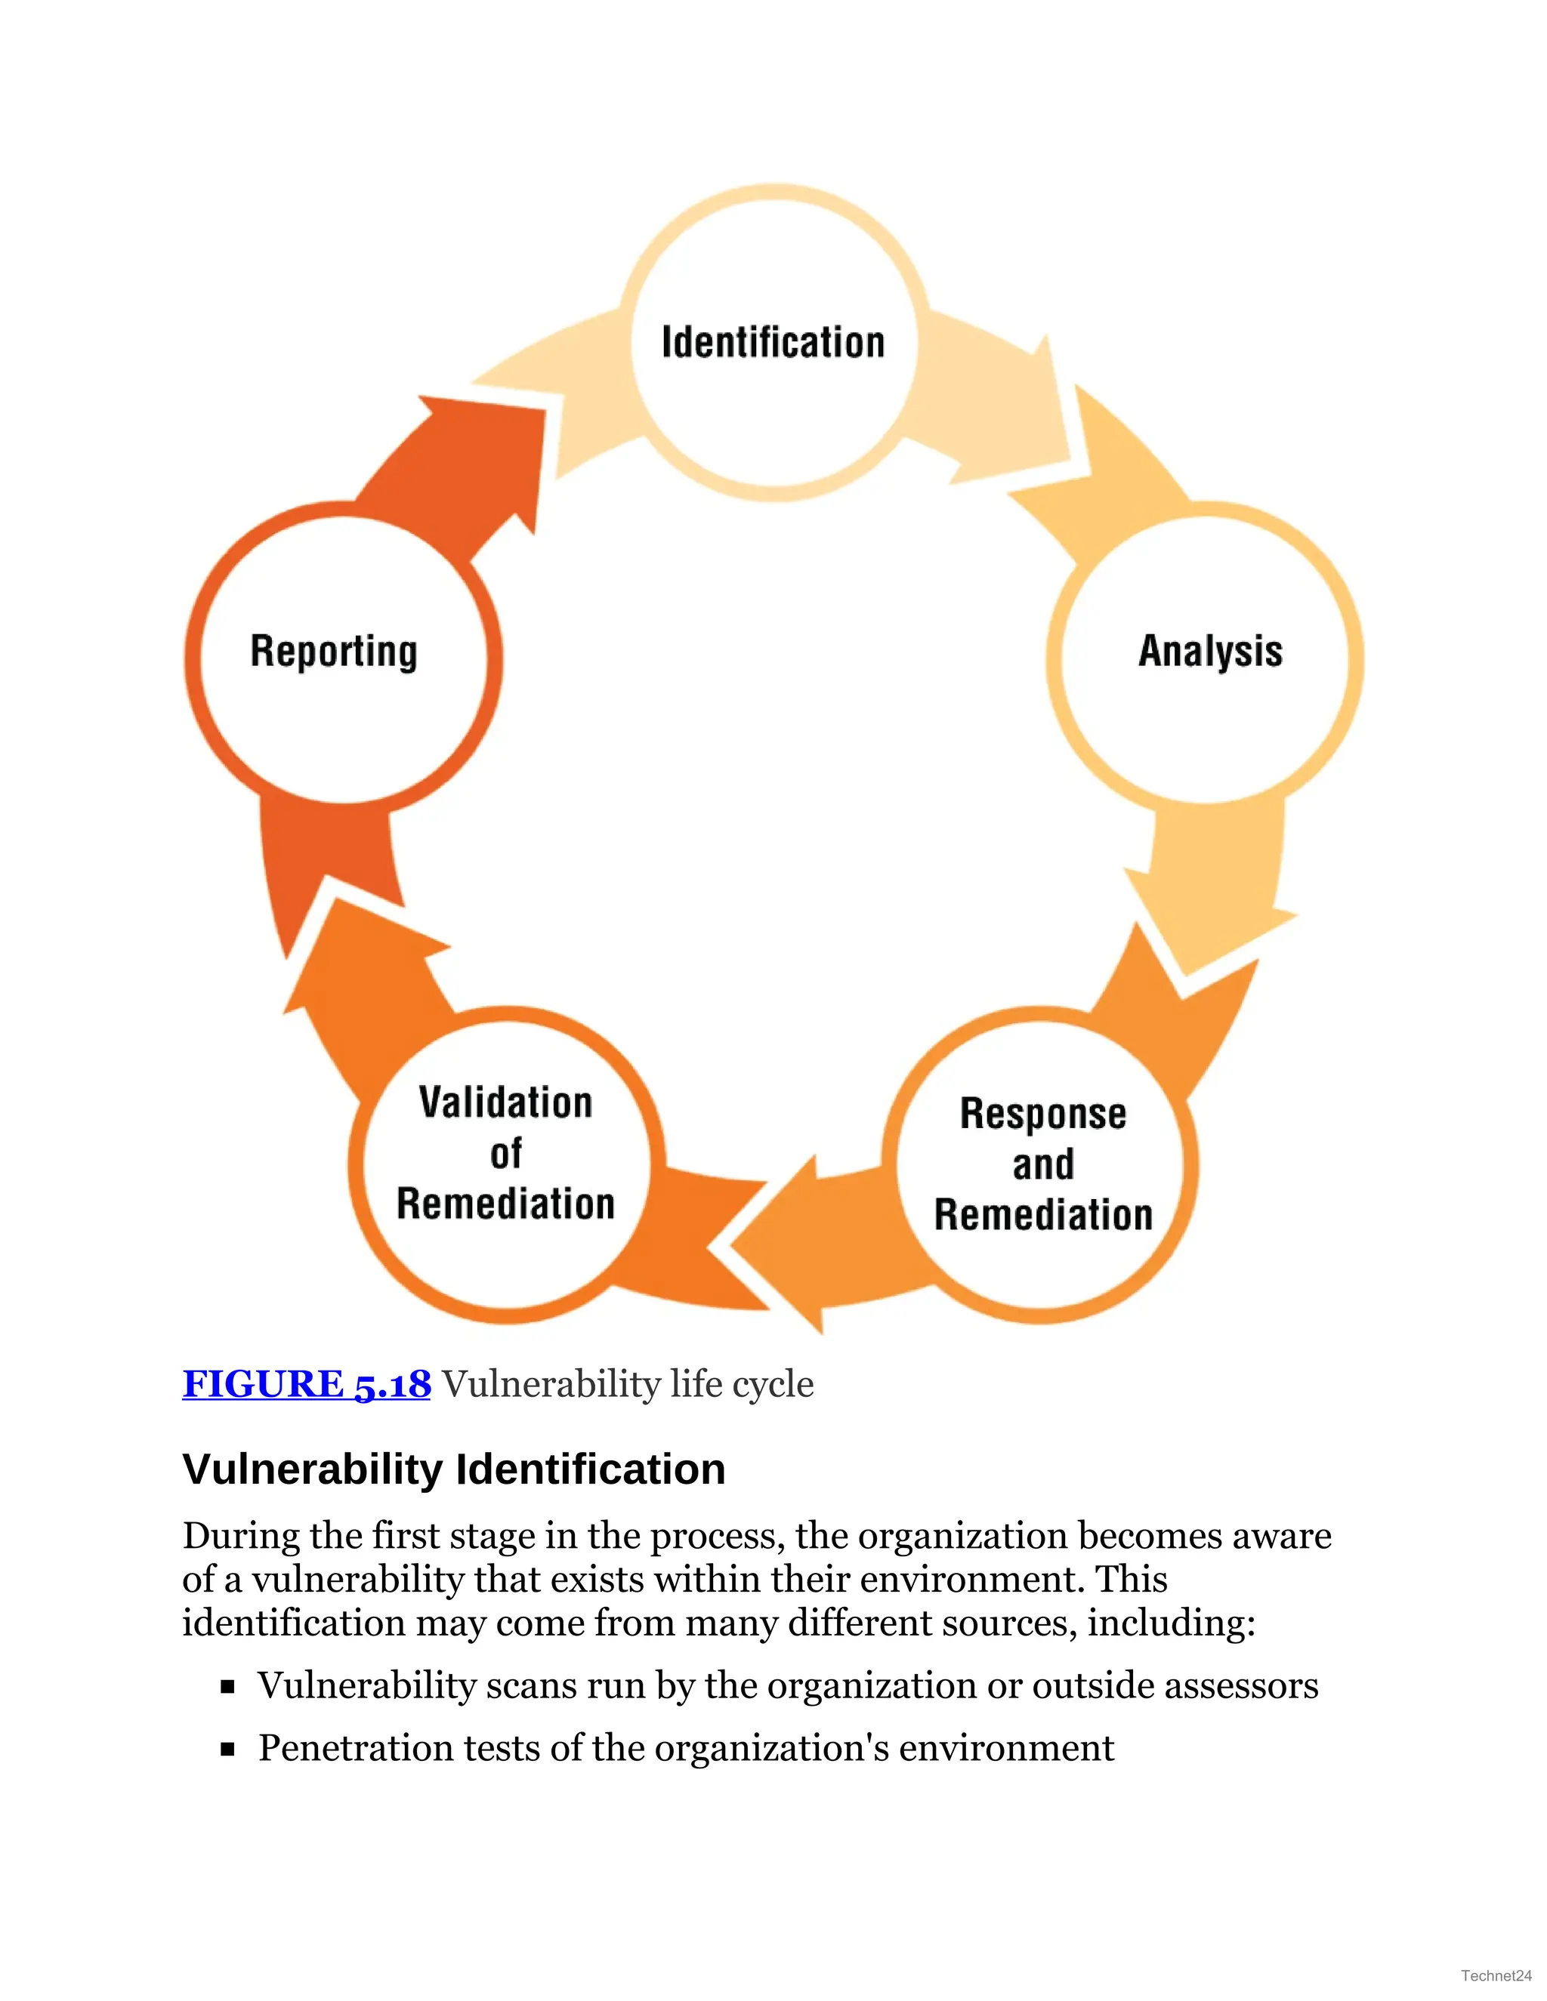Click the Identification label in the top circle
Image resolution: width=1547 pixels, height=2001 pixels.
(x=773, y=342)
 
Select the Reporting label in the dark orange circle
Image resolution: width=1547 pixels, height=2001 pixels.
(x=334, y=652)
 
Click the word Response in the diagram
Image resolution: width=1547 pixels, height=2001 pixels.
(x=1043, y=1114)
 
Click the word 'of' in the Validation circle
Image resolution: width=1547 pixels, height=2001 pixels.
(x=506, y=1154)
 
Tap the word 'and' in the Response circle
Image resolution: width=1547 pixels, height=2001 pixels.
(x=1043, y=1164)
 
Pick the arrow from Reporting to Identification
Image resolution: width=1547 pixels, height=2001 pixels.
(x=459, y=476)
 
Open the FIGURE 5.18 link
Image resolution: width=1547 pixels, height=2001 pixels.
(x=306, y=1383)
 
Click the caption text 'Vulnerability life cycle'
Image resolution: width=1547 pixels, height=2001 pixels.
(x=628, y=1383)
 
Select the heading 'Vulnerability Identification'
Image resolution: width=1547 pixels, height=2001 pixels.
(x=454, y=1469)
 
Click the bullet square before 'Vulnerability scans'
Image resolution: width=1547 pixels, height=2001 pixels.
(x=228, y=1687)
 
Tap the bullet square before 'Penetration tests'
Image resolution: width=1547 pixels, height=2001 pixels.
(x=228, y=1749)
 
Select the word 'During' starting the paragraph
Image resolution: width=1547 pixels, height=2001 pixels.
(x=240, y=1537)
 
